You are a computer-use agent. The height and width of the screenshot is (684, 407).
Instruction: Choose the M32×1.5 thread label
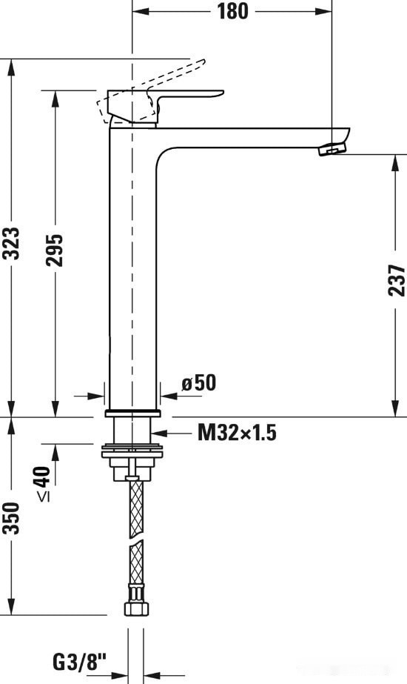coord(236,433)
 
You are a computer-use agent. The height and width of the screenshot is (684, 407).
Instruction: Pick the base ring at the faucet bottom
coord(132,412)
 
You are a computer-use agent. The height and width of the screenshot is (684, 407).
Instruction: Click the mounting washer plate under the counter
coord(132,449)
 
